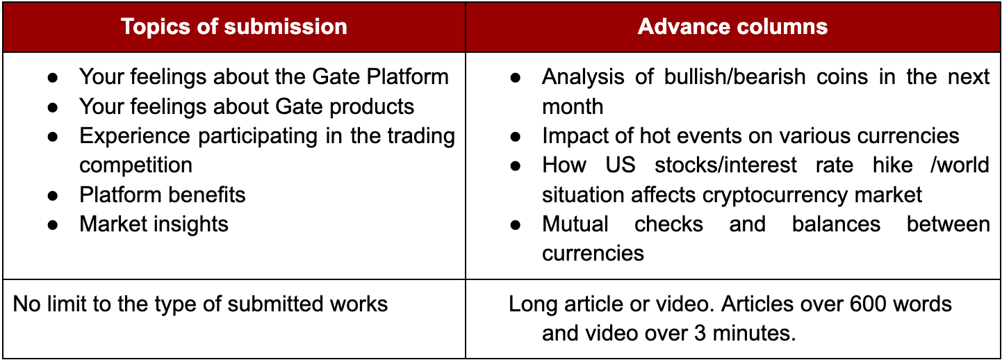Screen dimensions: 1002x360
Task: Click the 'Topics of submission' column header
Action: pyautogui.click(x=234, y=26)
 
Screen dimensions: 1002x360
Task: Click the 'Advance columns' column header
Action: pyautogui.click(x=732, y=26)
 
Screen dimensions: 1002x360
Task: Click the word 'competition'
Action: pyautogui.click(x=136, y=165)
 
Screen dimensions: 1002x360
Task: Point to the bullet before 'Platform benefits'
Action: pyautogui.click(x=53, y=196)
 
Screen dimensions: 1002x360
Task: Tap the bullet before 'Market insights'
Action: pyautogui.click(x=53, y=225)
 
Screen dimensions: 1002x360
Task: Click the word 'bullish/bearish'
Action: pyautogui.click(x=735, y=76)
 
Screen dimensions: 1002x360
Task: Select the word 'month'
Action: pyautogui.click(x=573, y=106)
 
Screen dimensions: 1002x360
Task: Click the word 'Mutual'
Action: pyautogui.click(x=575, y=224)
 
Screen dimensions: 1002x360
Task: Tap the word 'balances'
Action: pyautogui.click(x=836, y=224)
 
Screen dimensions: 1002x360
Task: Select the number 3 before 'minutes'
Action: pyautogui.click(x=700, y=333)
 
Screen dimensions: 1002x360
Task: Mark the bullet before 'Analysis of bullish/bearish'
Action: pyautogui.click(x=516, y=78)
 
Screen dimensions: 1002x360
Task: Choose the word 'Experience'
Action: pyautogui.click(x=135, y=136)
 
